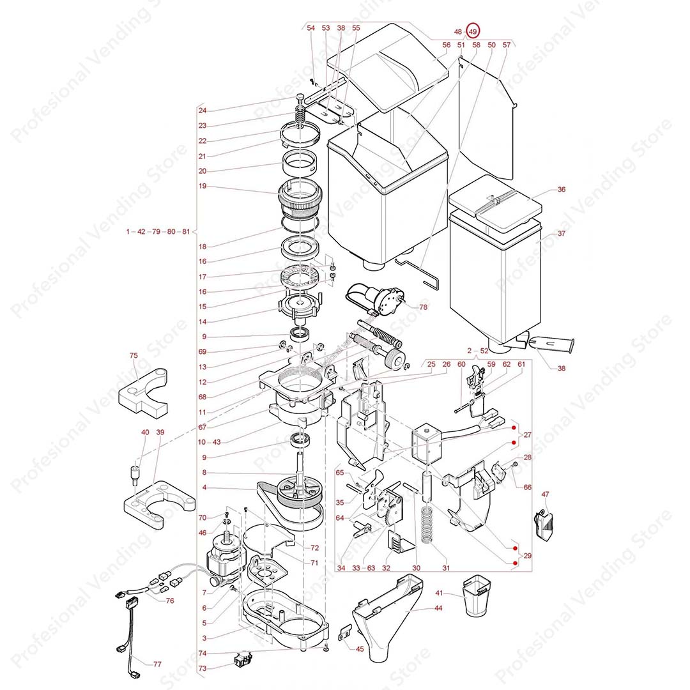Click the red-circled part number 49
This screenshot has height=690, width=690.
click(473, 31)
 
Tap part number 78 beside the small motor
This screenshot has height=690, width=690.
click(423, 307)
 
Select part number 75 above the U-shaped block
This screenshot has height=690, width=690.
click(134, 356)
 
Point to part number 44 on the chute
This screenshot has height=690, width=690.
click(438, 608)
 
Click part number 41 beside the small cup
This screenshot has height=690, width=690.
click(439, 594)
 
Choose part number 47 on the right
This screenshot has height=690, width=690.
click(545, 494)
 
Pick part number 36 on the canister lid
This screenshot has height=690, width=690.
click(561, 190)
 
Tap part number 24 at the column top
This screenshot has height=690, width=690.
click(203, 110)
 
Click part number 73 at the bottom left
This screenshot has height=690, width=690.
click(203, 668)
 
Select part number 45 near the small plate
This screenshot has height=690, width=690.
click(359, 650)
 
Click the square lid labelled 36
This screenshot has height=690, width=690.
click(495, 206)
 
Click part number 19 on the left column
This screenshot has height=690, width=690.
click(203, 187)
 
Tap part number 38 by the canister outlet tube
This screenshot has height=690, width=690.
click(561, 368)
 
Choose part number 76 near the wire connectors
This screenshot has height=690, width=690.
click(170, 601)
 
